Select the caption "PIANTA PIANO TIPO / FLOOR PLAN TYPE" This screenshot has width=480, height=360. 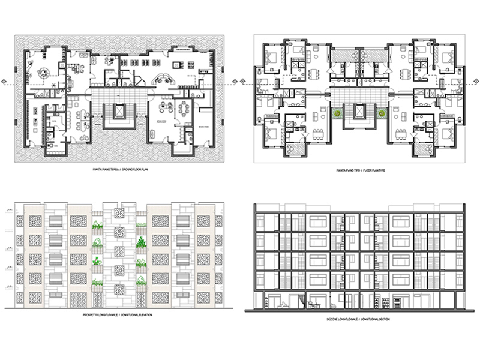click(x=359, y=171)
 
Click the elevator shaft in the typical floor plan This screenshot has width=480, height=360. click(x=359, y=111)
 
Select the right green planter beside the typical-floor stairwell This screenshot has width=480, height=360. click(x=380, y=112)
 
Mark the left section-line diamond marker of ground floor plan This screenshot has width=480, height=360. click(x=5, y=83)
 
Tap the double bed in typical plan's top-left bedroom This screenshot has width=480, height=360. click(x=269, y=59)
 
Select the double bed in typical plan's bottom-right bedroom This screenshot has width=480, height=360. click(x=448, y=133)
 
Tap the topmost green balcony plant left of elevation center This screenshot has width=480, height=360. click(x=97, y=227)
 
